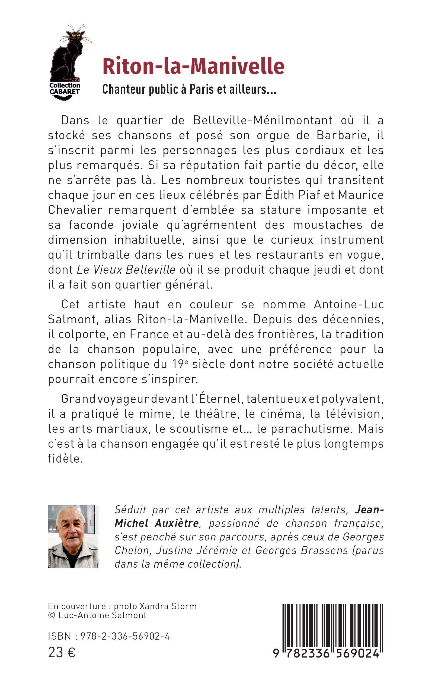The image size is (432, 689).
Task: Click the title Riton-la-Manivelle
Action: pos(193,66)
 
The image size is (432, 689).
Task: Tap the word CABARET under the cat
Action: pos(65,92)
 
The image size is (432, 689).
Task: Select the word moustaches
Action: pos(327,225)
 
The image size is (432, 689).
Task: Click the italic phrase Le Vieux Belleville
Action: pos(126,269)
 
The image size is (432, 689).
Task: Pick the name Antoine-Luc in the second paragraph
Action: pos(348,304)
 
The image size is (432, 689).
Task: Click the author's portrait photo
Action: pos(73,536)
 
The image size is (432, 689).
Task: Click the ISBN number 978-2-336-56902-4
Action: pos(125,636)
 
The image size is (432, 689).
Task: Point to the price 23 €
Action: pos(62,652)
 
